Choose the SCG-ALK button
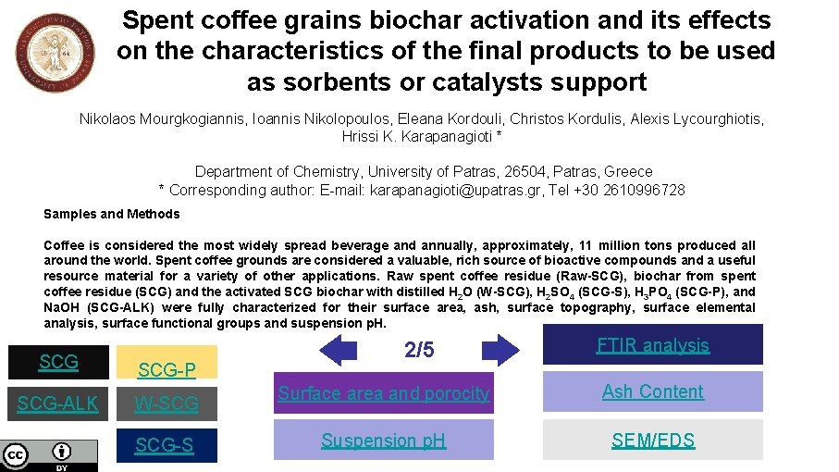(x=58, y=404)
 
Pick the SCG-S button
(x=167, y=445)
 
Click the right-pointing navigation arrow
(x=501, y=350)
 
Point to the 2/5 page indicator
(x=419, y=350)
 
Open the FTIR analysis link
(x=652, y=345)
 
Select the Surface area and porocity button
(x=383, y=393)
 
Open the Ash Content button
(x=652, y=391)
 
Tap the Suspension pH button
(x=383, y=441)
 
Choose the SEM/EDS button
(x=652, y=441)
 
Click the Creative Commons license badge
(x=49, y=455)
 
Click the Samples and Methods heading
(x=112, y=214)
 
